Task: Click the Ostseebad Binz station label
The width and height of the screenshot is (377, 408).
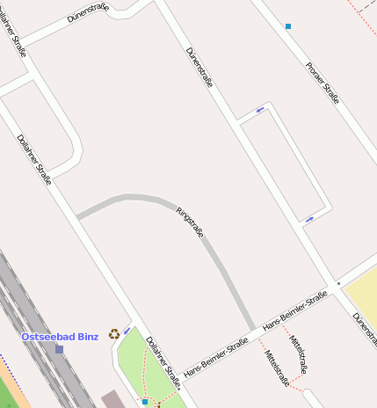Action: click(60, 337)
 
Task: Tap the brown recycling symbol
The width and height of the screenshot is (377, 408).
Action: click(113, 334)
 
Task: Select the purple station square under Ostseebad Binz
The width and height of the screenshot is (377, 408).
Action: click(60, 349)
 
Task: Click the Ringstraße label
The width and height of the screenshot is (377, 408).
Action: click(191, 222)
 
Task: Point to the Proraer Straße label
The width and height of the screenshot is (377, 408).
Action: click(322, 83)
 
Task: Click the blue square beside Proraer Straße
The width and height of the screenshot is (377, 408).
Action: click(288, 26)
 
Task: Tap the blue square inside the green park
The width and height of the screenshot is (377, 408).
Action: click(145, 401)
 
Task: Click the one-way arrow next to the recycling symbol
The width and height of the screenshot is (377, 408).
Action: click(127, 331)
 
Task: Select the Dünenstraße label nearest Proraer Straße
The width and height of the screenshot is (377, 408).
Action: click(200, 68)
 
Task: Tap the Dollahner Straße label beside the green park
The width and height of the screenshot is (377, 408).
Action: click(163, 361)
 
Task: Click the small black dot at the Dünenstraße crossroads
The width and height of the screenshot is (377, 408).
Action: click(338, 284)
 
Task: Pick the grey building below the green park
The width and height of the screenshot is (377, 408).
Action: click(113, 400)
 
